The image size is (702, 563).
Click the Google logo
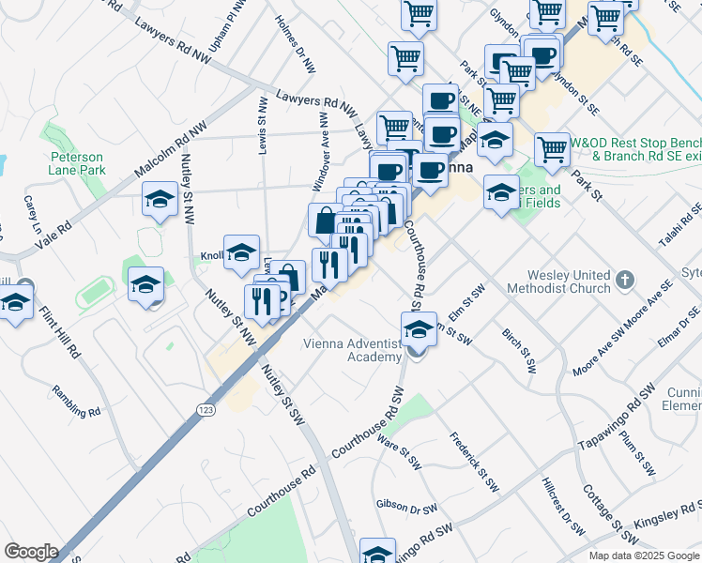[x=31, y=552]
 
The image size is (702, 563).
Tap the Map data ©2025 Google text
[x=644, y=555]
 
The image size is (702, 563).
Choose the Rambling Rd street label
[x=76, y=401]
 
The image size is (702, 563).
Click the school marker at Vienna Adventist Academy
[x=419, y=330]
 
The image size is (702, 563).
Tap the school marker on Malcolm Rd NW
[x=160, y=199]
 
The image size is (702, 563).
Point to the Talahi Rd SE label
[x=680, y=226]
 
